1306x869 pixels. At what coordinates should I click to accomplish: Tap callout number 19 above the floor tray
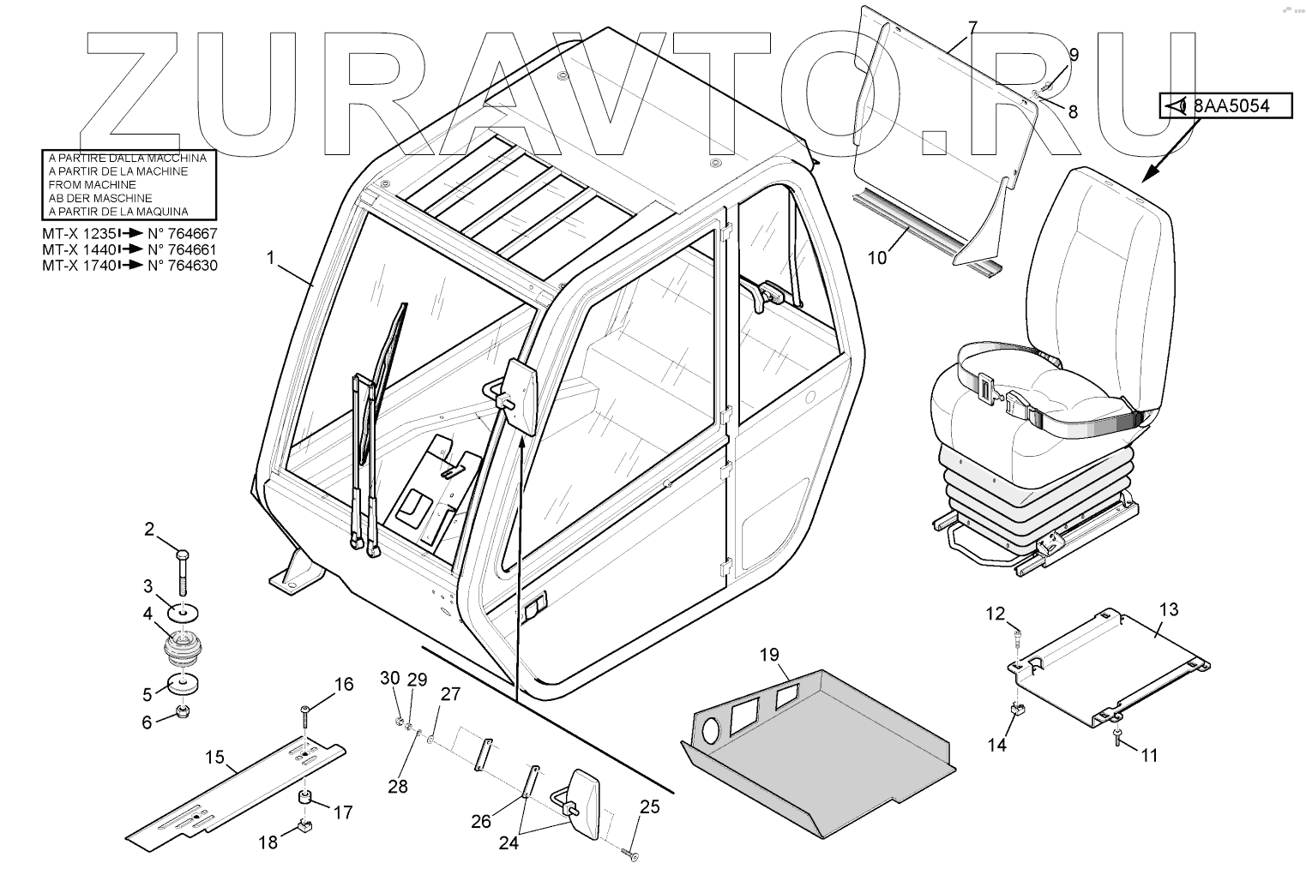click(768, 656)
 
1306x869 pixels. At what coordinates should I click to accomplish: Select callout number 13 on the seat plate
click(1169, 609)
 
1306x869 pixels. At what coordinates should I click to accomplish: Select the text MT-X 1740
click(78, 266)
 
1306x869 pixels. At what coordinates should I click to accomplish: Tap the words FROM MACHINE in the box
click(93, 184)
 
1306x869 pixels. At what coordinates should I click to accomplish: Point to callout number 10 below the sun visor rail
click(876, 256)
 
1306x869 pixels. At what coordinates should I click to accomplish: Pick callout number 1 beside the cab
click(273, 256)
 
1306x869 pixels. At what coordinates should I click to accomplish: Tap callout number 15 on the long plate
click(214, 757)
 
